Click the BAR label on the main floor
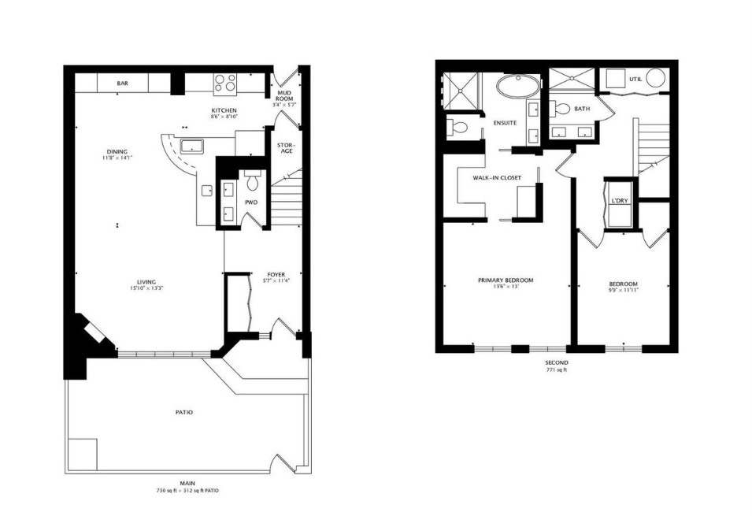[123, 83]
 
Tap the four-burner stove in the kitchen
[225, 83]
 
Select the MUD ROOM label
[284, 96]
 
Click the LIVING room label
[146, 281]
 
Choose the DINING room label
[117, 152]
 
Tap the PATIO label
[184, 412]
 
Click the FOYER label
[276, 275]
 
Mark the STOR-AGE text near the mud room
[285, 148]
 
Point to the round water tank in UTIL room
[657, 80]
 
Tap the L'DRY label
[619, 200]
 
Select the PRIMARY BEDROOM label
[506, 280]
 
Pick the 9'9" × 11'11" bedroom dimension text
[623, 290]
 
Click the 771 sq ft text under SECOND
[556, 369]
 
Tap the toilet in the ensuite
[457, 127]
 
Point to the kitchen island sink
[191, 146]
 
